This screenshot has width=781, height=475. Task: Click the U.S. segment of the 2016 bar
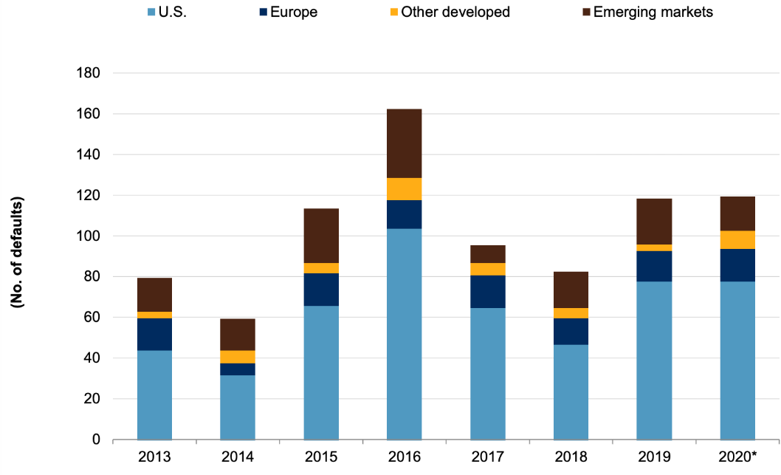click(x=404, y=334)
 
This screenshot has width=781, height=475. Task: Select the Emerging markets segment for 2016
click(x=404, y=143)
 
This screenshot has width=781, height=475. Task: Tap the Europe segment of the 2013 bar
click(x=154, y=335)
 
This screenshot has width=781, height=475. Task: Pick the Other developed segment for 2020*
click(x=737, y=240)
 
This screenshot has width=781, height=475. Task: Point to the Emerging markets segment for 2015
click(x=321, y=236)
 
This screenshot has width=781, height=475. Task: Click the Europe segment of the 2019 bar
click(x=654, y=266)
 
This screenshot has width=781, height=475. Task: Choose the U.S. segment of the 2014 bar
click(x=238, y=407)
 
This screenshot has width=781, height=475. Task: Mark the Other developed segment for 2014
click(x=238, y=357)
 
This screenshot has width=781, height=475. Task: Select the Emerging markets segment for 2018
click(x=571, y=290)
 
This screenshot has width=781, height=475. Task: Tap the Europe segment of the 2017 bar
click(x=488, y=292)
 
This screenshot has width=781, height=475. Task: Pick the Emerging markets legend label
click(x=653, y=12)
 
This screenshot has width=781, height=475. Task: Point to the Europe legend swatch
click(x=264, y=12)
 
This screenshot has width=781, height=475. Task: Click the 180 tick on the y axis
click(x=88, y=73)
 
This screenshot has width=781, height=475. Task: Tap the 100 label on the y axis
click(x=88, y=236)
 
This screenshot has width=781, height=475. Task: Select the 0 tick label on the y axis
click(x=96, y=440)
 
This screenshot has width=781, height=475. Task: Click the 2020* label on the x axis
click(x=737, y=457)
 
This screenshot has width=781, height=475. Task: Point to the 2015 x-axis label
click(x=321, y=457)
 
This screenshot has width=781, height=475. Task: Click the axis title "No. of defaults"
click(x=17, y=252)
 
